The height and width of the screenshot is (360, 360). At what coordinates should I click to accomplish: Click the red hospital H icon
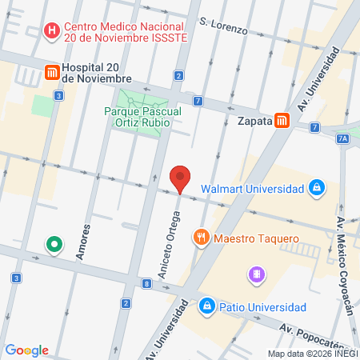[x=53, y=32]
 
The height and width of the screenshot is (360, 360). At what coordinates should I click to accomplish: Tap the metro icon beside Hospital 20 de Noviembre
[x=53, y=72]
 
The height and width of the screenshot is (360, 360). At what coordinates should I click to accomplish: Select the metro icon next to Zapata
[x=281, y=121]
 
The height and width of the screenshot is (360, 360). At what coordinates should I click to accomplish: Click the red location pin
[x=181, y=178]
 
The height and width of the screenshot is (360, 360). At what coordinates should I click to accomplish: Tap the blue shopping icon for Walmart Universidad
[x=318, y=189]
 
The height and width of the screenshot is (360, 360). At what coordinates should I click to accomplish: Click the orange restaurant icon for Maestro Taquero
[x=200, y=238]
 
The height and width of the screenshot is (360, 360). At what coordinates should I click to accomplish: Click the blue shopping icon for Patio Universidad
[x=207, y=306]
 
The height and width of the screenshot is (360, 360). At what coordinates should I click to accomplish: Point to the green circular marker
[x=54, y=243]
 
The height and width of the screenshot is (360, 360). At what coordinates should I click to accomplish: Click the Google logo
[x=26, y=350]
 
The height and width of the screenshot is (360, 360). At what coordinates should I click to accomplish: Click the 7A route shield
[x=343, y=138]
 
